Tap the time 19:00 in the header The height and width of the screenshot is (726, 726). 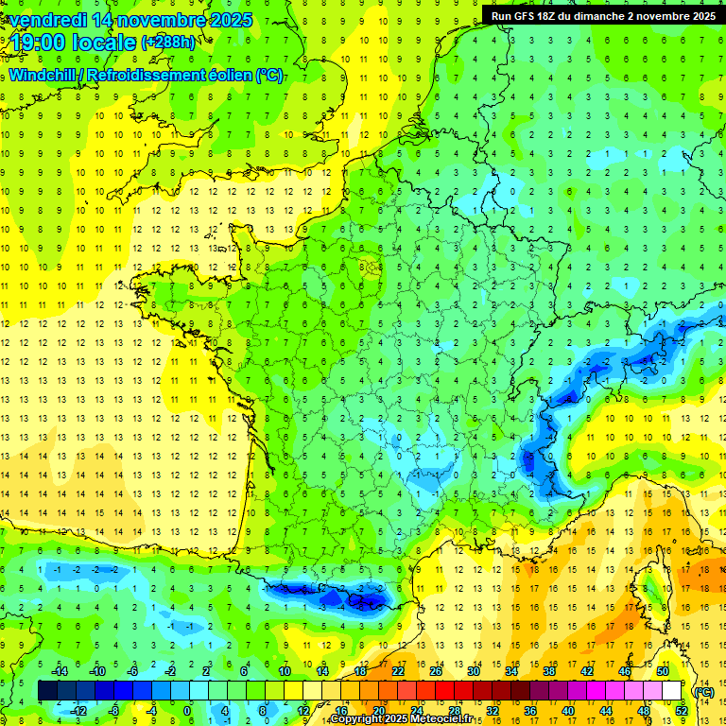pos(39,42)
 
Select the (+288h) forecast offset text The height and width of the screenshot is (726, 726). pos(168,42)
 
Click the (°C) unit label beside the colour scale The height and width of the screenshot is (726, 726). pos(703,691)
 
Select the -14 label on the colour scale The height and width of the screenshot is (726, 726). pos(59,671)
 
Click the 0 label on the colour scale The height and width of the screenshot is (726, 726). pos(187,710)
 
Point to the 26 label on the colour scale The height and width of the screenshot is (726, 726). pos(436,671)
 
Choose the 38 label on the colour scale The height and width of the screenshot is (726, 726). pos(548,671)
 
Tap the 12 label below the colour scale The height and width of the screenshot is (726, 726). pos(302,710)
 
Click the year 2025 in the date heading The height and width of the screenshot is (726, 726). pos(231,20)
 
